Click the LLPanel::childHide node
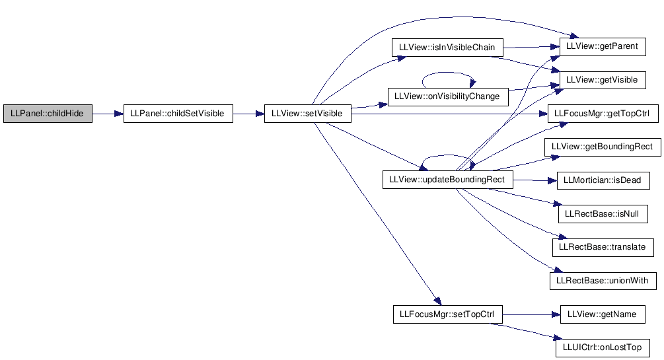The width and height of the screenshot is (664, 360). tap(48, 114)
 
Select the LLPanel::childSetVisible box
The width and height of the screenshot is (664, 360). tap(178, 114)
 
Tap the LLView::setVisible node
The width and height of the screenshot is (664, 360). tap(308, 114)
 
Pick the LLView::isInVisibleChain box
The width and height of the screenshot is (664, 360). tap(447, 48)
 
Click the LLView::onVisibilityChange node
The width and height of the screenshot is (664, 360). tap(448, 96)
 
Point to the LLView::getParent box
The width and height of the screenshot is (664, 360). tap(603, 47)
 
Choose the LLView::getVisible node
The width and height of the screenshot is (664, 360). tap(603, 80)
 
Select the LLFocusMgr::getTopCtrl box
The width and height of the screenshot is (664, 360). tap(603, 114)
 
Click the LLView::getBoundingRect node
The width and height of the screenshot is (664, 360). tap(603, 147)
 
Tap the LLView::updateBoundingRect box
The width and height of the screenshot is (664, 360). tap(447, 180)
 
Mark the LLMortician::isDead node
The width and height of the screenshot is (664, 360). tap(603, 180)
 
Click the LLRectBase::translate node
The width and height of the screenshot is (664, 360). tap(603, 247)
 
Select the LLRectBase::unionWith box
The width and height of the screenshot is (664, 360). tap(603, 281)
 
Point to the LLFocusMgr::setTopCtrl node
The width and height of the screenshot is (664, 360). tap(447, 314)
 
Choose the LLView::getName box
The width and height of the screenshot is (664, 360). tap(603, 314)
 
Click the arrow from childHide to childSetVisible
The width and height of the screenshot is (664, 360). tap(108, 114)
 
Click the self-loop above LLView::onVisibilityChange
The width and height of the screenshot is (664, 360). tap(449, 73)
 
